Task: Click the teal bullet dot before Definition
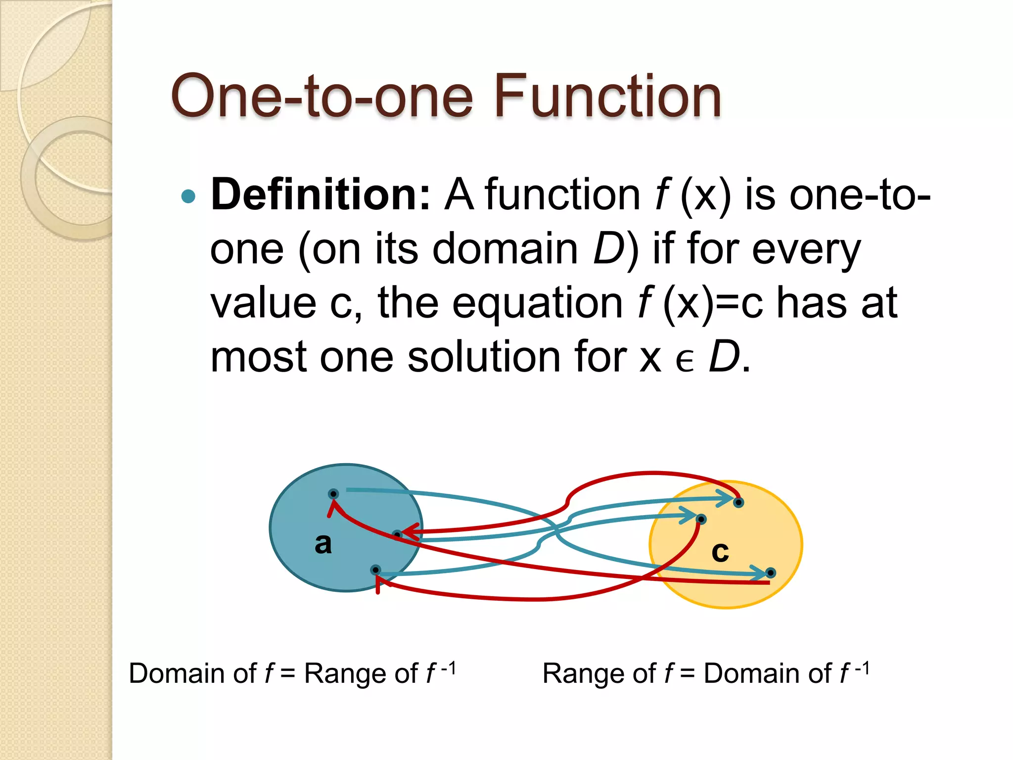coord(188,196)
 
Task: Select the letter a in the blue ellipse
coord(323,543)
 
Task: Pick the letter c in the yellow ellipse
coord(720,551)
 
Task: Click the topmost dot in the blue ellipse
coord(333,494)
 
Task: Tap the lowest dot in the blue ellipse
coord(375,570)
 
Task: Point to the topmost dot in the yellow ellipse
coord(738,503)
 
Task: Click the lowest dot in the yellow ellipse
coord(770,573)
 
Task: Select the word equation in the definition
coord(537,303)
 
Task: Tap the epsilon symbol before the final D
coord(685,360)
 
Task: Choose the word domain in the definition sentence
coord(505,249)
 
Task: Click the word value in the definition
coord(263,303)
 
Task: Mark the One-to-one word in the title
coord(322,96)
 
